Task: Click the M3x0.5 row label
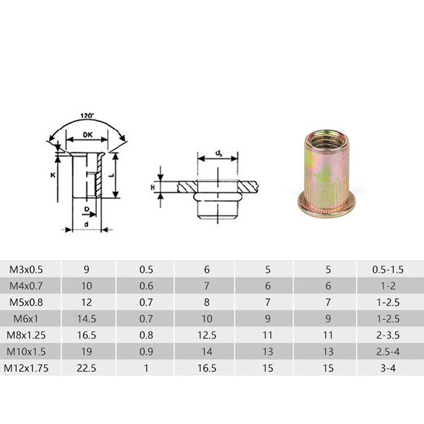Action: coord(26,269)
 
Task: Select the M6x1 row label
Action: coord(26,319)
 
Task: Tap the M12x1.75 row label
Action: coord(26,368)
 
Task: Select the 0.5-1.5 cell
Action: coord(388,269)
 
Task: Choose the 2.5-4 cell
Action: coord(388,352)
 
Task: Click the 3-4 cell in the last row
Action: coord(388,368)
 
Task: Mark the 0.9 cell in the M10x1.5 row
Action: coord(146,352)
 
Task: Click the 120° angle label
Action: coord(87,115)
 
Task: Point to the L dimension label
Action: coord(111,175)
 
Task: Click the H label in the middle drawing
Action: coord(154,186)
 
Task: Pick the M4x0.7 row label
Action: coord(26,286)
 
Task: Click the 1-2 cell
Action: coord(388,286)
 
